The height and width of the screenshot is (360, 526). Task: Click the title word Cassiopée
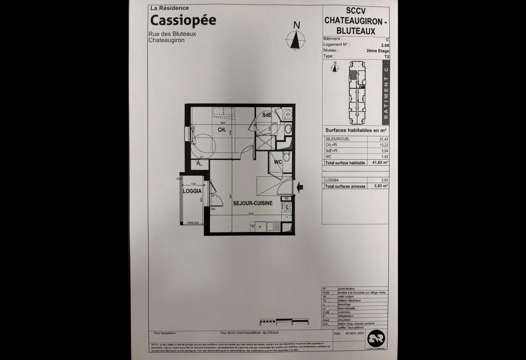coord(183,20)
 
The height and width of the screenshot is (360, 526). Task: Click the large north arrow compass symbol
coord(296,40)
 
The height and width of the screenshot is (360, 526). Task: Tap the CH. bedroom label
coord(222,130)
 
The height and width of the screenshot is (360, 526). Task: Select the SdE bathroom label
coord(266,115)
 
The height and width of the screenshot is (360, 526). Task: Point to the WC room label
coord(278,162)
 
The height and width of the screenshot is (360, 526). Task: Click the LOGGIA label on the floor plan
coord(192,191)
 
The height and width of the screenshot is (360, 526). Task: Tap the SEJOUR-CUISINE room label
coord(253,203)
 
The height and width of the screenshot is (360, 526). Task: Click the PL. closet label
coord(199,164)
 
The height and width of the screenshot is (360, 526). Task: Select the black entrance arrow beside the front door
coord(300,187)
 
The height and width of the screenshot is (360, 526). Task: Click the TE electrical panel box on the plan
coord(287,199)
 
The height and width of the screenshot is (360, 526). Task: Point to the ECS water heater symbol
coord(288,115)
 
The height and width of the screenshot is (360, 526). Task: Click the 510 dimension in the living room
coord(251,214)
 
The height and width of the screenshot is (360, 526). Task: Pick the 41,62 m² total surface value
coord(381,162)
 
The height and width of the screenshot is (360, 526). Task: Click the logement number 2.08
coord(385,45)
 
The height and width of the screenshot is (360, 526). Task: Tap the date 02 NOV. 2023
coord(355,334)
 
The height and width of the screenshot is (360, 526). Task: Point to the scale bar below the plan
coord(284,321)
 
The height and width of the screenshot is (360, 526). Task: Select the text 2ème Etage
coord(378,51)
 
